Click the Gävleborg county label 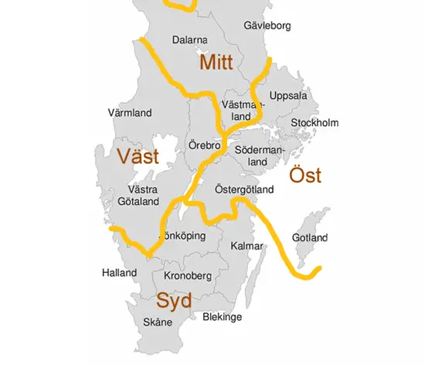[x=267, y=26]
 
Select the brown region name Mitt [x=218, y=62]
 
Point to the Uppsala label [x=288, y=97]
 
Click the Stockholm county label [x=314, y=123]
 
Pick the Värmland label [x=129, y=113]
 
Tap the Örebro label [x=205, y=145]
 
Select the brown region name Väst [x=138, y=157]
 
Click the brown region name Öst [x=305, y=175]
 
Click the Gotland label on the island [x=310, y=237]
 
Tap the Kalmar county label [x=247, y=247]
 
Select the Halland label [x=119, y=273]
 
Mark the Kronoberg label [x=187, y=276]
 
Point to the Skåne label [x=158, y=322]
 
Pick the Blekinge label [x=222, y=317]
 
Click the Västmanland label [x=238, y=110]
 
